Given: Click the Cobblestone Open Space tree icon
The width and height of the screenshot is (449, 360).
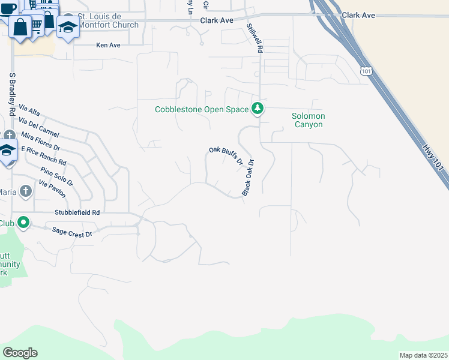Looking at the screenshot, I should tap(258, 109).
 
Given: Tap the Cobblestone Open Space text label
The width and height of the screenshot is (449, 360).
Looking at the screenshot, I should tap(201, 109).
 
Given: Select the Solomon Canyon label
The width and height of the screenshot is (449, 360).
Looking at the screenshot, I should tap(308, 120).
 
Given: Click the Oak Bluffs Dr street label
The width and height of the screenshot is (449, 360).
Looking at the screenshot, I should tap(226, 155).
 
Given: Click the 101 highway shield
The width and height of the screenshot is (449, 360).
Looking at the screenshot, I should tap(367, 71).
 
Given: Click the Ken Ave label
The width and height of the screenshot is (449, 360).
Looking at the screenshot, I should tap(109, 45).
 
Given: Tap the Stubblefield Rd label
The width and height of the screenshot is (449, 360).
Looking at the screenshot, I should tap(77, 212).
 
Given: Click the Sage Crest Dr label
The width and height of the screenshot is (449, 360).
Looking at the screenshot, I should tap(72, 231).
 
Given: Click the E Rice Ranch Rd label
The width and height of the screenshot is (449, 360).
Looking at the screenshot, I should tap(43, 155).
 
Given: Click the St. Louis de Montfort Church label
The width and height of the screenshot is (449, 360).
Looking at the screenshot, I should tap(109, 21).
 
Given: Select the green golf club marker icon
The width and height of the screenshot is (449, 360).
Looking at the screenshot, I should tap(23, 223).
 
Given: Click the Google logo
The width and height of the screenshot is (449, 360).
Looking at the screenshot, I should tap(20, 353).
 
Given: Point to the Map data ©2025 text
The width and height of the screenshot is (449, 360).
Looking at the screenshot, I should tap(423, 355).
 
